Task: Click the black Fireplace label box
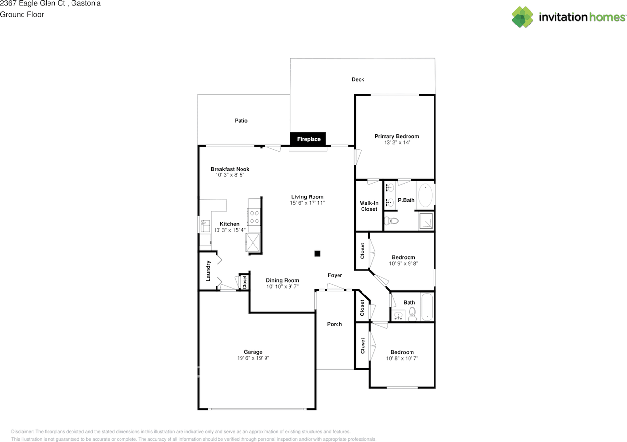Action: tap(308, 139)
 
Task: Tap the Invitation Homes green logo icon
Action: tap(523, 17)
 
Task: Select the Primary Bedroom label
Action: tap(397, 136)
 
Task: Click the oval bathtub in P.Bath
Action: tap(425, 195)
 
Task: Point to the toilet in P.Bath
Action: tap(391, 221)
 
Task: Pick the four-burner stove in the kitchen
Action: tap(254, 217)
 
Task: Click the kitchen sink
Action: tap(205, 226)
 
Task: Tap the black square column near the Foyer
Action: tap(317, 253)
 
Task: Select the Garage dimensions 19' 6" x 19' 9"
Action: tap(253, 358)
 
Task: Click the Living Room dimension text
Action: tap(307, 203)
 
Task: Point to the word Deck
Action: tap(358, 79)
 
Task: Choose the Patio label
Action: tap(241, 121)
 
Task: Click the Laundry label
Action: tap(208, 270)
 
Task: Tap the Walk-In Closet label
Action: tap(369, 206)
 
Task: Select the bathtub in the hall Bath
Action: tap(427, 307)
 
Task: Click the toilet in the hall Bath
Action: tap(412, 314)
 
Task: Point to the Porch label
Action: tap(335, 324)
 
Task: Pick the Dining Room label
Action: tap(283, 280)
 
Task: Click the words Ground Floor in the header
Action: tap(22, 15)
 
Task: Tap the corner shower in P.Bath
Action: tap(426, 221)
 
